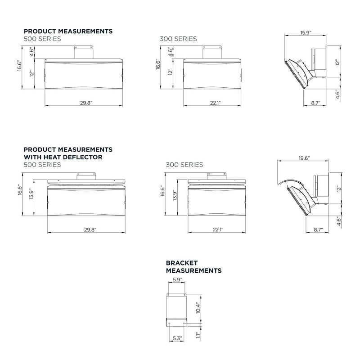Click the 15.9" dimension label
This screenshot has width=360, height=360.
point(306,32)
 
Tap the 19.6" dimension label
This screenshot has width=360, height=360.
point(304,158)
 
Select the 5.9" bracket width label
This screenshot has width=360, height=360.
point(177,279)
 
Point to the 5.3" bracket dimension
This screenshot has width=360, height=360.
point(177,338)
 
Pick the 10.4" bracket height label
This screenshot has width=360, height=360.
point(198,308)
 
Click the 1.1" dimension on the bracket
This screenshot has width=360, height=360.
point(198,334)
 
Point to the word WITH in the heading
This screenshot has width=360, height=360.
point(33,157)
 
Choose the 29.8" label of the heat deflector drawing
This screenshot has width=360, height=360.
point(90,229)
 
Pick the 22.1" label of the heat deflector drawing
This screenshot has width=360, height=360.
point(218,229)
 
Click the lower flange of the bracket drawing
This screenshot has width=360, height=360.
point(176,322)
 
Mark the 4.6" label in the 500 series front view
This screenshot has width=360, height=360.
point(32,52)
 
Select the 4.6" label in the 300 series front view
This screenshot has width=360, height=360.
point(171,52)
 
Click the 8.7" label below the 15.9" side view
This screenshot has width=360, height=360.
point(316,103)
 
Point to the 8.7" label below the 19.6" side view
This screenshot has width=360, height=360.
point(318,229)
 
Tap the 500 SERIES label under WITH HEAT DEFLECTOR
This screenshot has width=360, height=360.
point(42,165)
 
